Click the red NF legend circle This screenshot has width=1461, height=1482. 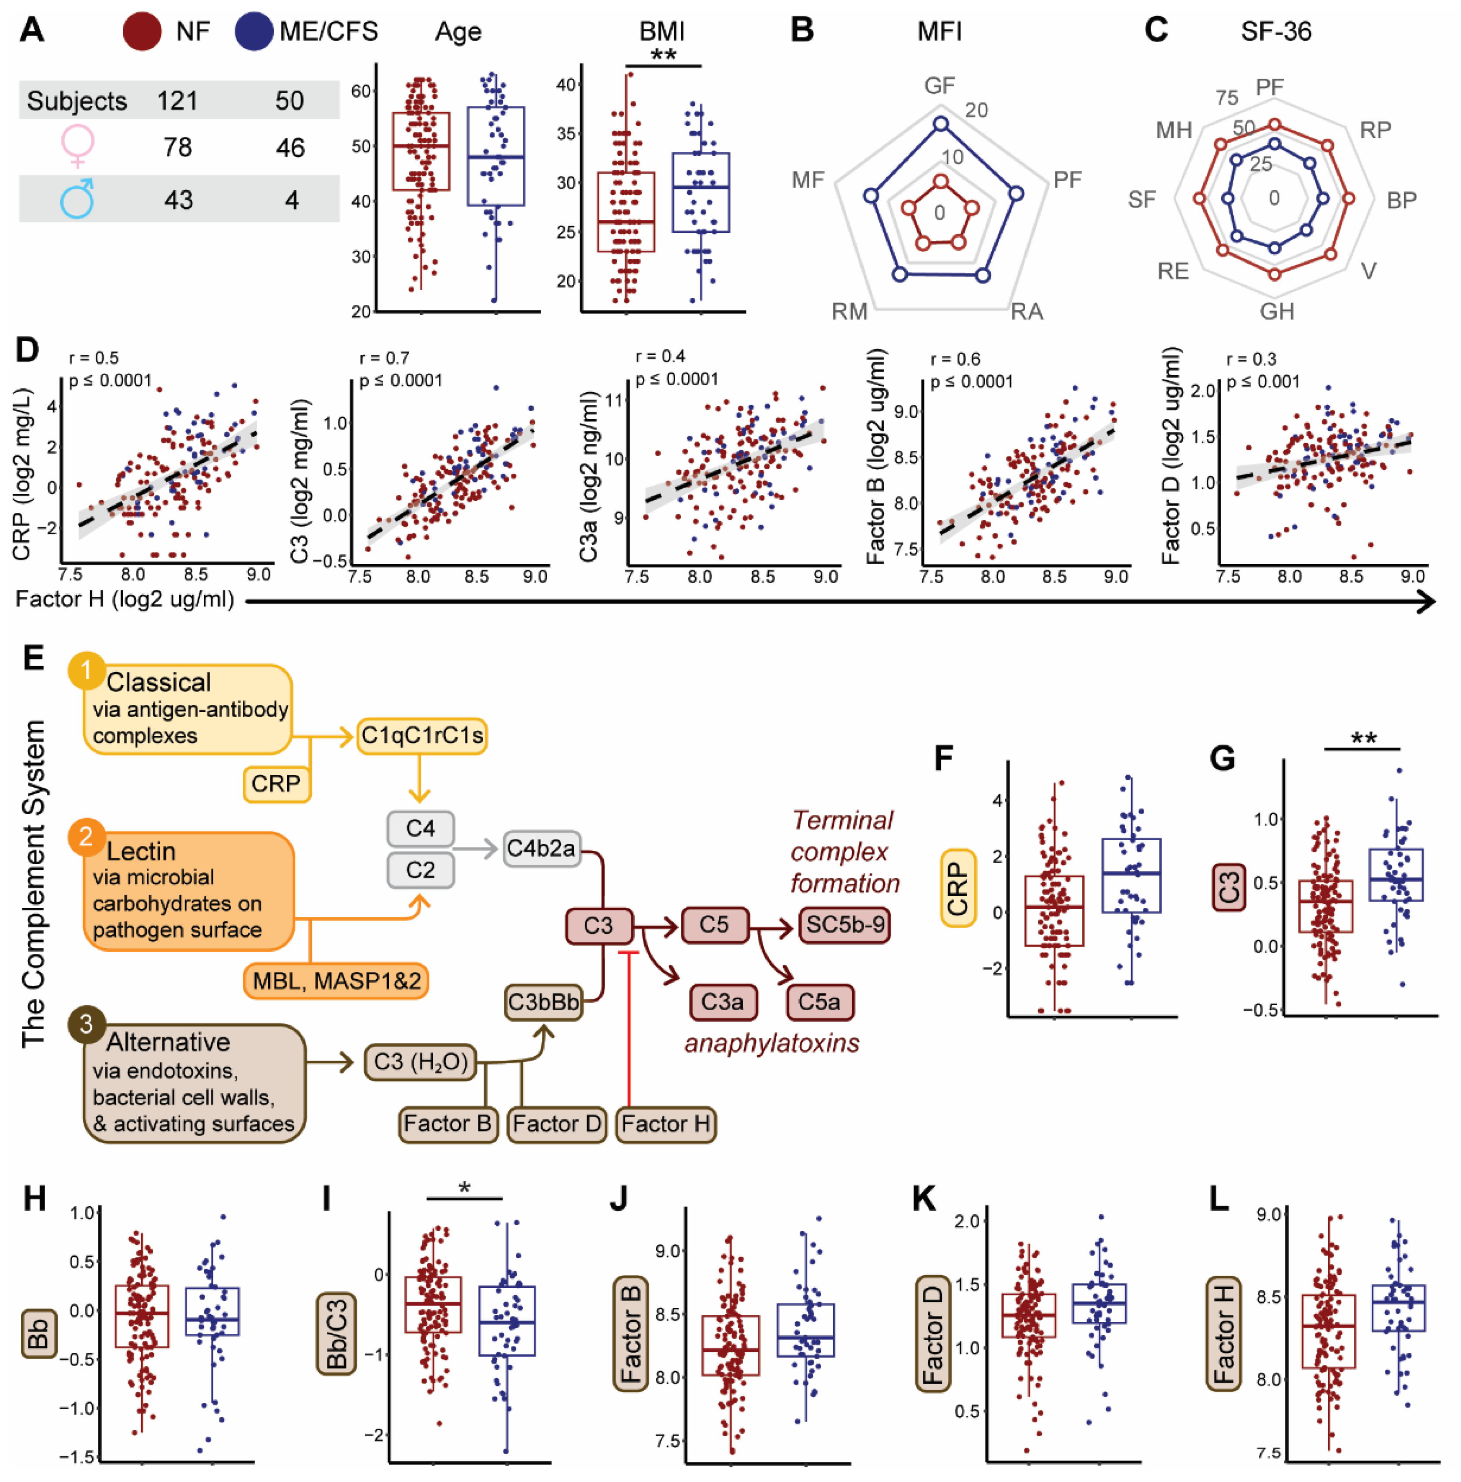[142, 31]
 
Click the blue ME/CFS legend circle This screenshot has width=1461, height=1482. [254, 31]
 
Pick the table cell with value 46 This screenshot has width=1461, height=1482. [290, 147]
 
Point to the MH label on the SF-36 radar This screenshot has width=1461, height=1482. [1173, 131]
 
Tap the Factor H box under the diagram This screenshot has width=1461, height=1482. [666, 1124]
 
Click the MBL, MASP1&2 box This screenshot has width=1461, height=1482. [336, 981]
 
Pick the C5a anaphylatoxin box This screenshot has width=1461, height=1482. [819, 1002]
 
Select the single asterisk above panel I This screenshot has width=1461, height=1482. [464, 1188]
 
